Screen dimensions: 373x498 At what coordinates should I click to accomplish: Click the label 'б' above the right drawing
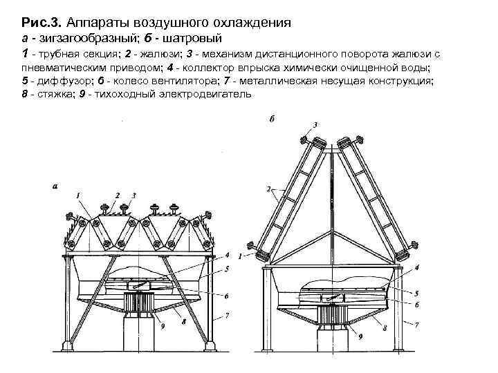tap(273, 119)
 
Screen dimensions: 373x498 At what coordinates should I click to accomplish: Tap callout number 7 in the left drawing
tap(228, 317)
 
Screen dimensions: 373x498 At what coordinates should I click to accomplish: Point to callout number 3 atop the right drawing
tap(315, 124)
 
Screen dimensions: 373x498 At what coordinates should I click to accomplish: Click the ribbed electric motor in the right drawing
tap(335, 315)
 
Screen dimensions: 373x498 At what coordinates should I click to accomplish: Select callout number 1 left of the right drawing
tap(240, 256)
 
